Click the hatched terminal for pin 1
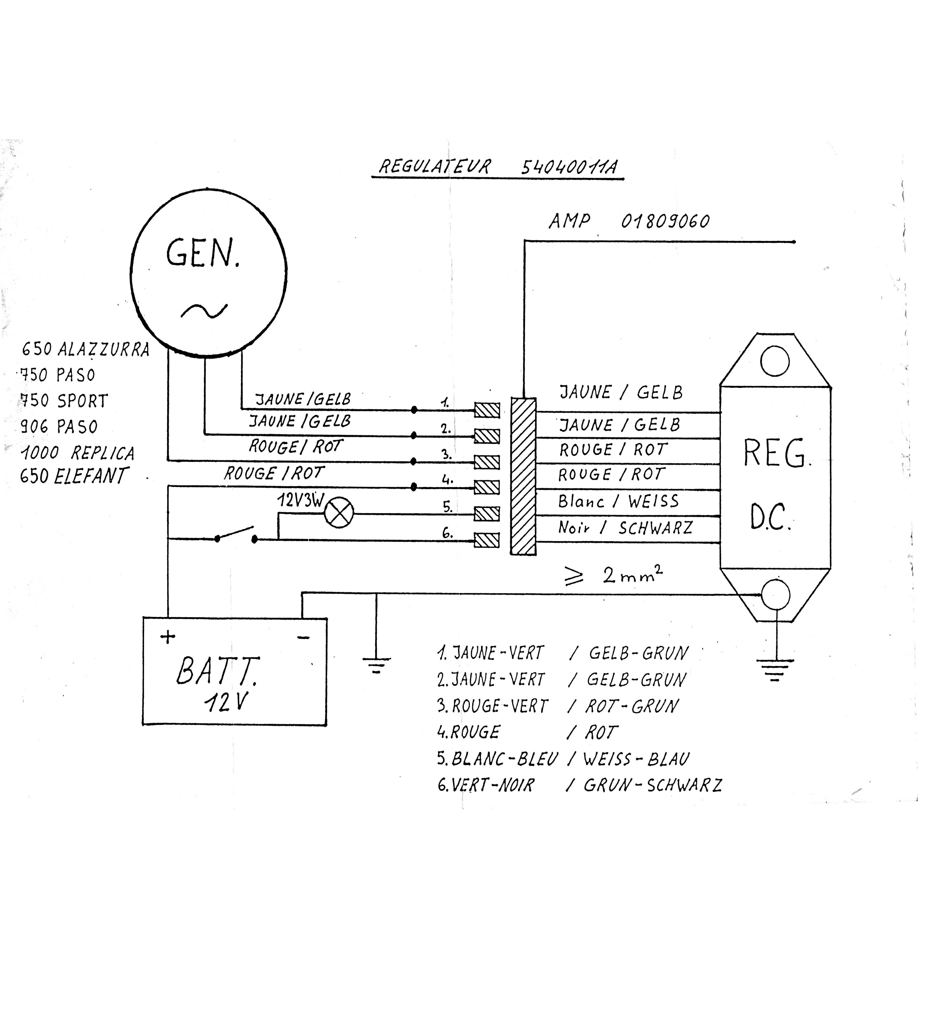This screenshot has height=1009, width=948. [487, 410]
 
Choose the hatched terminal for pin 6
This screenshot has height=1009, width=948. [487, 540]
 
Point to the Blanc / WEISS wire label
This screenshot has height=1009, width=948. [618, 501]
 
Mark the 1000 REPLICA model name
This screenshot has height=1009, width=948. [77, 452]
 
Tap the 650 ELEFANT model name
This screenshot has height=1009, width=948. [73, 476]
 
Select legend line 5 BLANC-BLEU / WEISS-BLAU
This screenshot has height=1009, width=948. [563, 759]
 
